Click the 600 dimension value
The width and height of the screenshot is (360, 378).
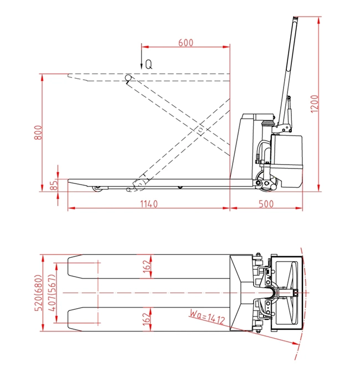click(x=186, y=43)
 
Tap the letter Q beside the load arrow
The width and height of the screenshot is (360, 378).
click(x=149, y=64)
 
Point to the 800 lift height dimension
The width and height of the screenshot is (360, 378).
click(x=38, y=132)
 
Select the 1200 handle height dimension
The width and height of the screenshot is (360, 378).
click(x=315, y=104)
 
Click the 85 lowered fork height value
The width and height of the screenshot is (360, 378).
click(x=54, y=185)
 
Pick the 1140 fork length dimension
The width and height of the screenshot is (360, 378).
click(x=149, y=204)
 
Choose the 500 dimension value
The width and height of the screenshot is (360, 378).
click(x=266, y=204)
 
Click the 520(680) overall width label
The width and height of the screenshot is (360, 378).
click(x=39, y=293)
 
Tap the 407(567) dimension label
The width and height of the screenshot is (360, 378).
click(x=52, y=293)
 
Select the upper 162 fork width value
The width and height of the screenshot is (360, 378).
click(x=147, y=267)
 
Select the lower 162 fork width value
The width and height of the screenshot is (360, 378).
click(x=147, y=319)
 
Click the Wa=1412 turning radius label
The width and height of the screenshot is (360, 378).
click(x=207, y=317)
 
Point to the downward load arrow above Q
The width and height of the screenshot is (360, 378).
click(x=142, y=57)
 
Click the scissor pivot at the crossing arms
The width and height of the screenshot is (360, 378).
click(x=200, y=130)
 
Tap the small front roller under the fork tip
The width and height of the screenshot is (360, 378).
click(x=98, y=189)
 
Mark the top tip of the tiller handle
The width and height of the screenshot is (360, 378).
click(x=296, y=17)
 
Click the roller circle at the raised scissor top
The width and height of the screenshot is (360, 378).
click(x=128, y=78)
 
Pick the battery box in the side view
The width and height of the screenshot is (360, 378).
click(x=286, y=161)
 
